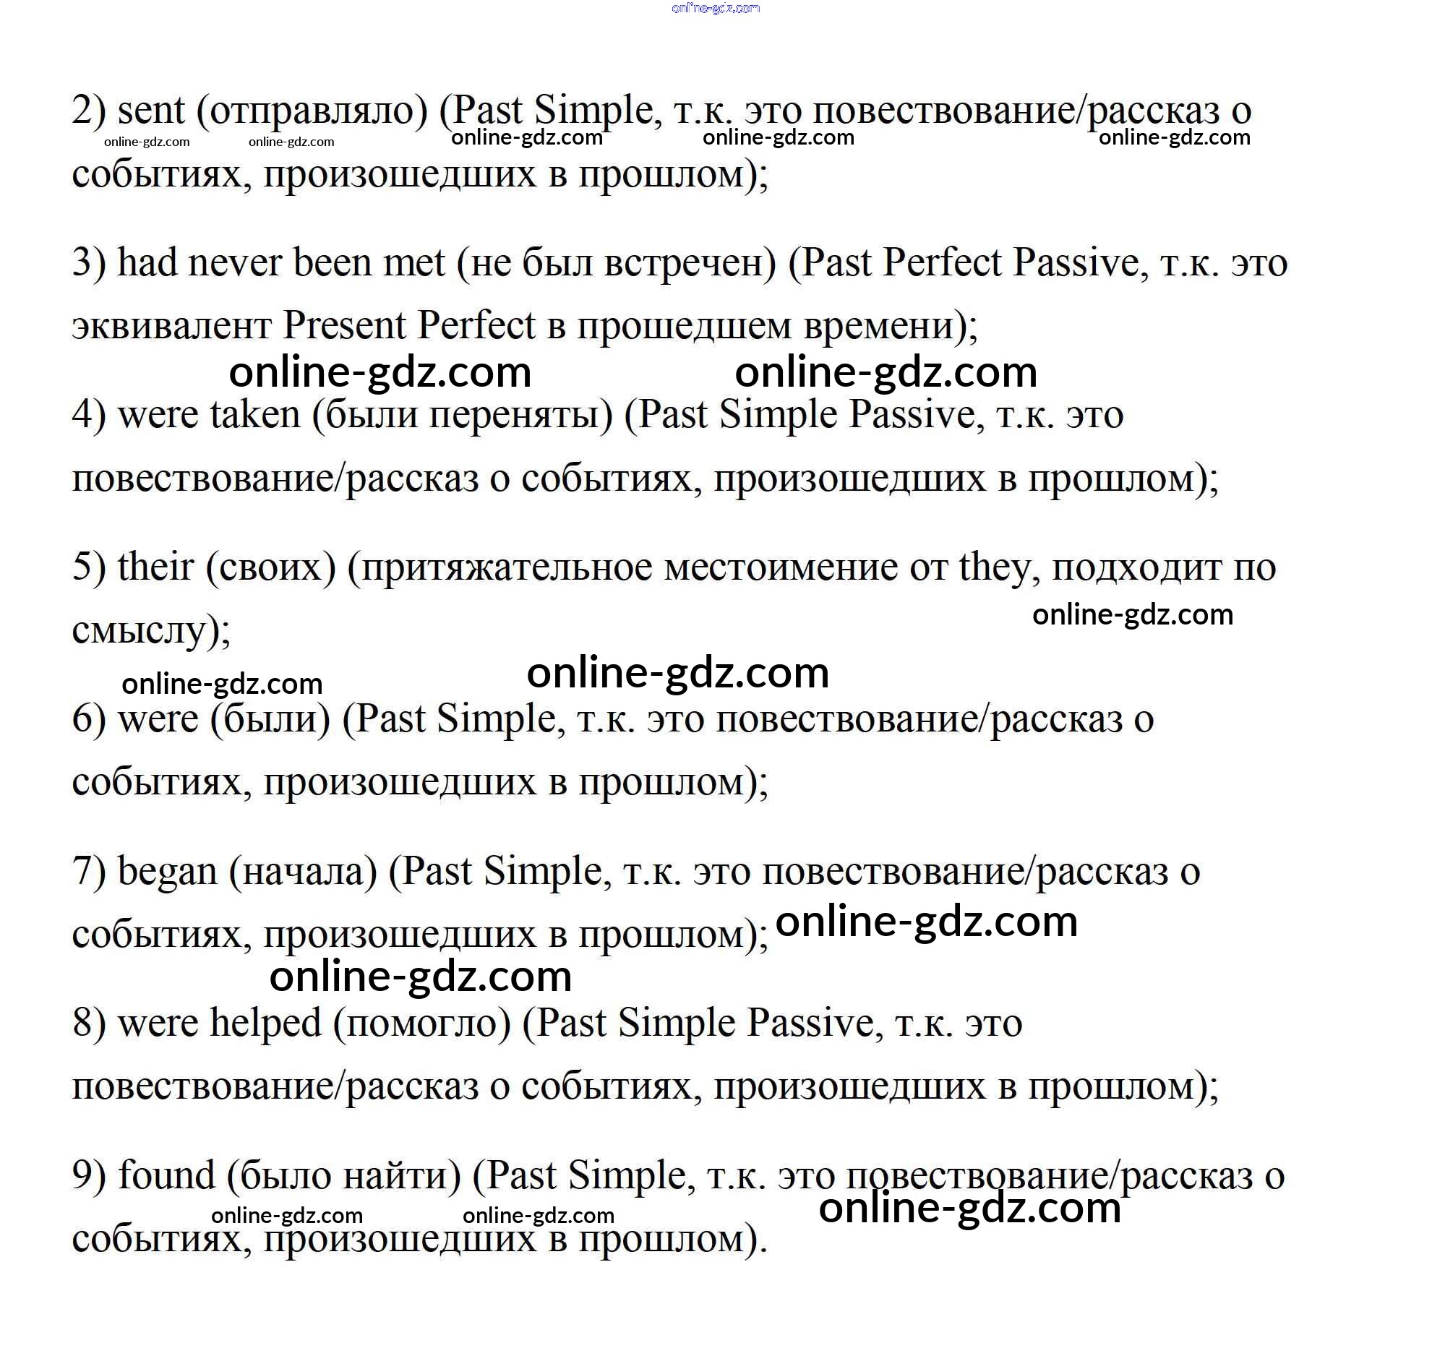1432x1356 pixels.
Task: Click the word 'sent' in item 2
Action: pyautogui.click(x=151, y=111)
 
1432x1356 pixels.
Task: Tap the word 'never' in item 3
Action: pyautogui.click(x=234, y=262)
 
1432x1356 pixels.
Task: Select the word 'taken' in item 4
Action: pyautogui.click(x=254, y=416)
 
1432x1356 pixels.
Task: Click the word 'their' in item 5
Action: pyautogui.click(x=155, y=567)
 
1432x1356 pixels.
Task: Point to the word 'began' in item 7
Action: pyautogui.click(x=167, y=872)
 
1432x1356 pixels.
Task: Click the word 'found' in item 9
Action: pyautogui.click(x=166, y=1176)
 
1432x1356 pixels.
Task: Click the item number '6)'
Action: pyautogui.click(x=88, y=720)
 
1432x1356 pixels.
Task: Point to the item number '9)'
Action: pyautogui.click(x=88, y=1176)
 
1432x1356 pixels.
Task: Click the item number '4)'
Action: pyautogui.click(x=88, y=416)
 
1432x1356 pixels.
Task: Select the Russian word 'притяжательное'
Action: pyautogui.click(x=507, y=568)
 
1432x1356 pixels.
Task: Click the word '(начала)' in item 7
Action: pyautogui.click(x=303, y=872)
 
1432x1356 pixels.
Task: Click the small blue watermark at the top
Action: pyautogui.click(x=715, y=9)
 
